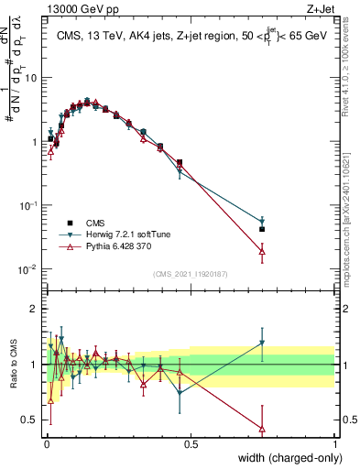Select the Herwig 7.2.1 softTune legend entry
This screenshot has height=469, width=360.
coord(109,234)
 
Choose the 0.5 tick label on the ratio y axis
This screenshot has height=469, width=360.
coord(32,420)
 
